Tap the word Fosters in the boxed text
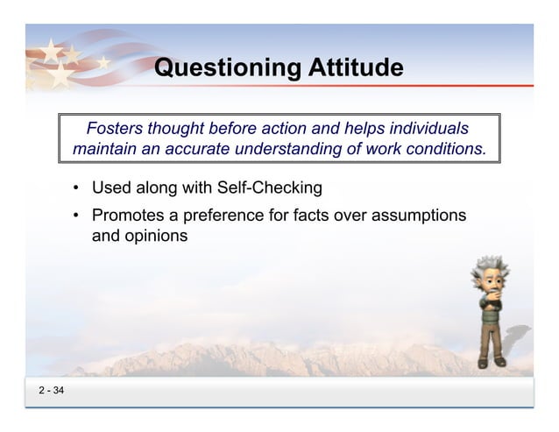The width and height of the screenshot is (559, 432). tap(117, 128)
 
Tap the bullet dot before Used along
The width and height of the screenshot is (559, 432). tap(77, 188)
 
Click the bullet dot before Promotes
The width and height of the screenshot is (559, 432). tap(77, 216)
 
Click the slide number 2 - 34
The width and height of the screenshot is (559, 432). tap(51, 390)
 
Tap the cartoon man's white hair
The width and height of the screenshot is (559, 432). tap(490, 266)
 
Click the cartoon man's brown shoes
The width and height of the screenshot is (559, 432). tap(490, 361)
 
